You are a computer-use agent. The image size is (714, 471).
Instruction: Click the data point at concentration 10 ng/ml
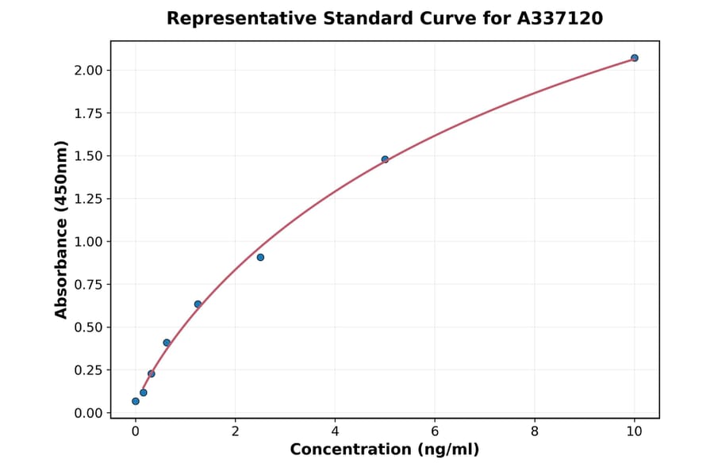point(635,58)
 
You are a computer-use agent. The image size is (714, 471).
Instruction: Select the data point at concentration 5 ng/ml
point(385,159)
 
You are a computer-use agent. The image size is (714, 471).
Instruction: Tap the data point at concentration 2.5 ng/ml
point(260,257)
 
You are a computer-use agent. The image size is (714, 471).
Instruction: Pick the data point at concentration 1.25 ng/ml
point(198,304)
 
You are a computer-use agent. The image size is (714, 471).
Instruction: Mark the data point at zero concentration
point(136,401)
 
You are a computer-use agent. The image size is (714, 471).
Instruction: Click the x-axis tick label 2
point(235,431)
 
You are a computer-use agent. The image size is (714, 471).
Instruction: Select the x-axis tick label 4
point(335,431)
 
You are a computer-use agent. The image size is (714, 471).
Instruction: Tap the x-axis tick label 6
point(435,431)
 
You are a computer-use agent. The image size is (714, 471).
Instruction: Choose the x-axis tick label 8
point(535,431)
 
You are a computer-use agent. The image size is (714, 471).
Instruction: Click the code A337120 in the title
point(560,18)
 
